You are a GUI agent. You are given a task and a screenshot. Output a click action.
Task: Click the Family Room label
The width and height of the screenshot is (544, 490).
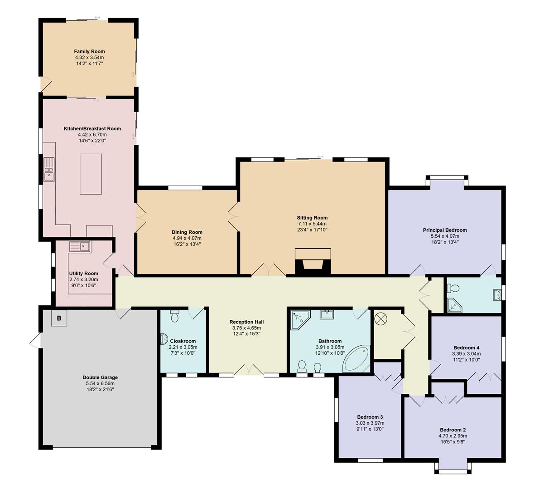(x=89, y=52)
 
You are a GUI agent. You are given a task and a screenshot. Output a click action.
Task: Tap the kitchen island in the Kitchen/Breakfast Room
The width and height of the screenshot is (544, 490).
(x=91, y=174)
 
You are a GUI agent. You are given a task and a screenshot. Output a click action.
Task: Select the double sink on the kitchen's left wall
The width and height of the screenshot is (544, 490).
(x=48, y=169)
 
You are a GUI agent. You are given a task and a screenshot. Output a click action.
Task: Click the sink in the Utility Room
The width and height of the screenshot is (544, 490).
(x=80, y=247)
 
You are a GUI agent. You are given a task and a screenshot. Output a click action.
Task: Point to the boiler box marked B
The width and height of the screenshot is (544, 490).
(x=58, y=318)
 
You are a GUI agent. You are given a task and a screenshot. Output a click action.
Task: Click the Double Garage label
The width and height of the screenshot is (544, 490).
(x=100, y=377)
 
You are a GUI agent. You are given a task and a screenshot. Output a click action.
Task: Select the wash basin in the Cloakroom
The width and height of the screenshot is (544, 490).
(x=164, y=338)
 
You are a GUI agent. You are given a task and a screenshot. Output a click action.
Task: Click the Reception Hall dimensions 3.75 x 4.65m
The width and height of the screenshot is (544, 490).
(x=246, y=328)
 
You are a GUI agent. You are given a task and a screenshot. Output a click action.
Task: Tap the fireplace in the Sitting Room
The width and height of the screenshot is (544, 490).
(x=313, y=263)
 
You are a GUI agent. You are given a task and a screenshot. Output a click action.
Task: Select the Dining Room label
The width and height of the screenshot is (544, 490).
(x=187, y=232)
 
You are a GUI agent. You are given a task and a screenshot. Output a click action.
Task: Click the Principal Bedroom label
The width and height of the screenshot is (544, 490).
(x=445, y=230)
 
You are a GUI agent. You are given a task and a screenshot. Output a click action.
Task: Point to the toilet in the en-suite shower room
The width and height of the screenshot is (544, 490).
(x=453, y=288)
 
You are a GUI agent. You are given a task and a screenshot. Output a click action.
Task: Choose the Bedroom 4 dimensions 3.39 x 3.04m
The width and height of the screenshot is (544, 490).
(x=466, y=354)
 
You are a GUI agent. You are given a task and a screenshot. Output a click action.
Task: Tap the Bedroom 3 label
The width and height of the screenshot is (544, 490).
(x=370, y=417)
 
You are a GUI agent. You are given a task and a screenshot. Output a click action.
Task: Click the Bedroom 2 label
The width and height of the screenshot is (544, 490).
(x=453, y=430)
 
